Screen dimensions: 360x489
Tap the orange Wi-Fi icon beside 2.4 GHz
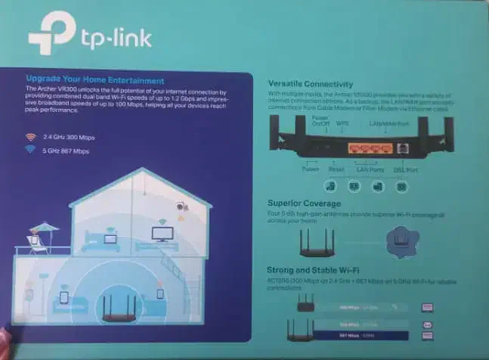[x=30, y=137]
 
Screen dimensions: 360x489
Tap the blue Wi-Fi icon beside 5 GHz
[x=30, y=150]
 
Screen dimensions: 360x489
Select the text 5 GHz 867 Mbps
[x=67, y=151]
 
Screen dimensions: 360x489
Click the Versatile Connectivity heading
[x=311, y=83]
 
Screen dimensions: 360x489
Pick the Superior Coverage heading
[x=304, y=203]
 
